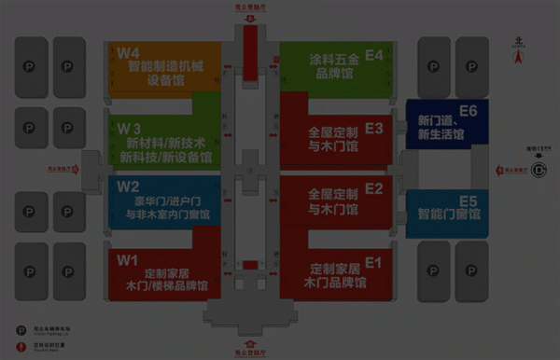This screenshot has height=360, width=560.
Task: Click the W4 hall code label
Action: [129, 53]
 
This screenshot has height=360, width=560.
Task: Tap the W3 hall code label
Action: [129, 128]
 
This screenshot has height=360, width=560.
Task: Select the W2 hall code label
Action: [128, 186]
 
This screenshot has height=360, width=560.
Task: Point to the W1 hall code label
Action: [127, 259]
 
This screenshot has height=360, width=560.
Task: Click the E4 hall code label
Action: [373, 56]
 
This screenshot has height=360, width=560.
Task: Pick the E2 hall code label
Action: [374, 188]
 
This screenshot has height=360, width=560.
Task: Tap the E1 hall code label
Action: [374, 263]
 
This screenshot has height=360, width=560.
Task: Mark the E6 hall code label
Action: [468, 112]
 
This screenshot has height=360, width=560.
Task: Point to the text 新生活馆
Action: [441, 136]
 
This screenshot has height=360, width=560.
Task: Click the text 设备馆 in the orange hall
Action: [165, 80]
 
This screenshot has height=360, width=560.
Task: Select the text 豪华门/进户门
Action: [167, 201]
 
